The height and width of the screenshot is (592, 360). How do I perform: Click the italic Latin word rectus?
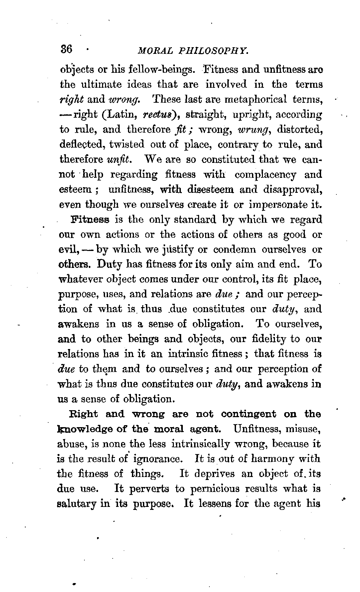[x=159, y=114]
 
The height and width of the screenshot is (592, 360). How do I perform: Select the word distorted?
[x=300, y=129]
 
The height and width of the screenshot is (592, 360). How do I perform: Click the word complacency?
[x=265, y=175]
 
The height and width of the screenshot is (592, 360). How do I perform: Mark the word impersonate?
[x=278, y=204]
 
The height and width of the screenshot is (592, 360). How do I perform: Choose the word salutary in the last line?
[x=77, y=504]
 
